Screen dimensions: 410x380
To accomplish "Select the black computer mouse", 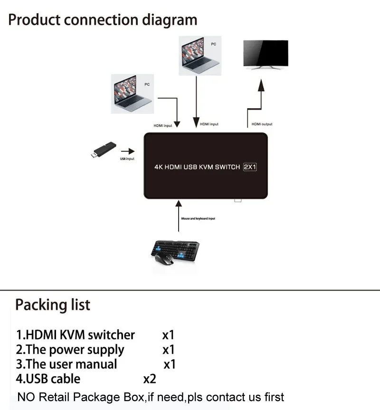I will click(x=164, y=260).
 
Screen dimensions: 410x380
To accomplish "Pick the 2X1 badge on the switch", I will click(x=250, y=167).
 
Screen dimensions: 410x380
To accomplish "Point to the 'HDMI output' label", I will click(x=262, y=124).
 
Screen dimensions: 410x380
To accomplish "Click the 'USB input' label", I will click(x=127, y=158).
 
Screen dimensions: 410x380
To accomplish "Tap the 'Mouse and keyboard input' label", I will click(x=199, y=219).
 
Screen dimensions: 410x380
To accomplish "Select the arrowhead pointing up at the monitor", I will click(x=260, y=85).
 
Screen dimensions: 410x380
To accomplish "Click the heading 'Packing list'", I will click(x=52, y=304).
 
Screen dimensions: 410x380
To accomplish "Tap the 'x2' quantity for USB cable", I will click(x=150, y=379).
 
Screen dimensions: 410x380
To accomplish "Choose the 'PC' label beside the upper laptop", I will click(x=214, y=44).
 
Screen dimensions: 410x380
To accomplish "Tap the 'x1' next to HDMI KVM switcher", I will click(x=169, y=335).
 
